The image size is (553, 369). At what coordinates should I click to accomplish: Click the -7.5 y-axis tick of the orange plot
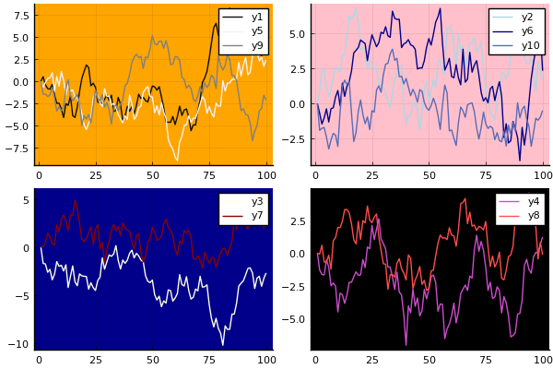tap(17, 148)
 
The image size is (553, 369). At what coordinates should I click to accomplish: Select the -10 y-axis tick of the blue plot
tap(20, 344)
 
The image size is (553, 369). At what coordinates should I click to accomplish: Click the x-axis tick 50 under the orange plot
tap(152, 173)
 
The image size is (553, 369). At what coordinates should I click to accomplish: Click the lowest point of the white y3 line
tap(222, 345)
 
